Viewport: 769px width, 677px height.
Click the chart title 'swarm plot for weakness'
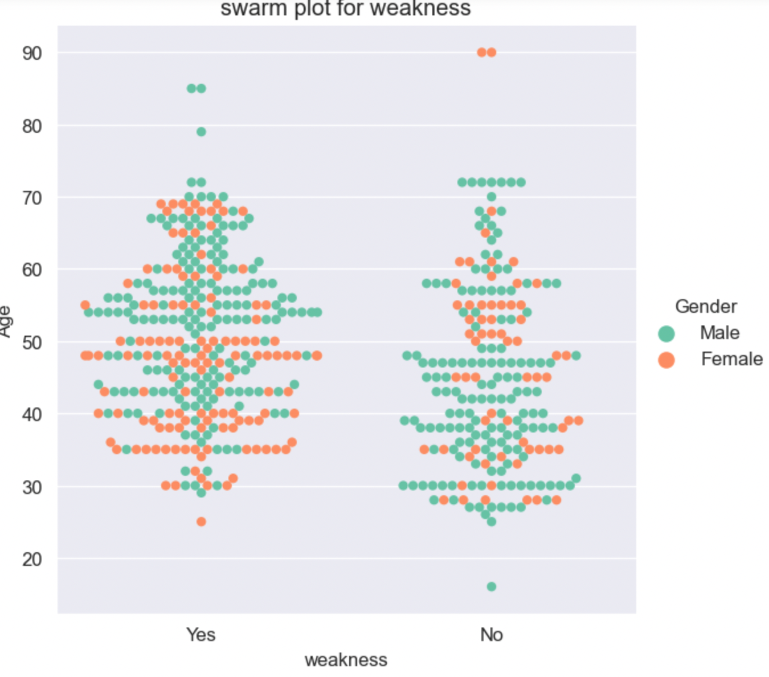[346, 9]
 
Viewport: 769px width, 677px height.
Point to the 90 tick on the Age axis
[32, 53]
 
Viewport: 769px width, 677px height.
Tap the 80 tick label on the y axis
[32, 126]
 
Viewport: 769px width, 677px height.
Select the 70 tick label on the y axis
[32, 198]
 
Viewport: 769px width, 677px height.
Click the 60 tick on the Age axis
[32, 270]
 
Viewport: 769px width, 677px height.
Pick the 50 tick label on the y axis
[32, 342]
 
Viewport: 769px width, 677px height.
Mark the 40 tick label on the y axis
[32, 414]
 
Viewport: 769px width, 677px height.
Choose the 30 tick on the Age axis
[32, 487]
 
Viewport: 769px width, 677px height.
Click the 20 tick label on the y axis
[32, 559]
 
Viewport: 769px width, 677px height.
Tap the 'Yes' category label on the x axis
[201, 634]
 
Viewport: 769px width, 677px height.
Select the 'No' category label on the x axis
[491, 634]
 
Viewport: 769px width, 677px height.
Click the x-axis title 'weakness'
[346, 659]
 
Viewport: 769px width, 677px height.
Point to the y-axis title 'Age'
[6, 321]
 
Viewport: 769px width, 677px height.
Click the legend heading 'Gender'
[706, 306]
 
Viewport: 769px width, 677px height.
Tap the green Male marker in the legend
[666, 333]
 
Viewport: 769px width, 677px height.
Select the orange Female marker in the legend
[666, 360]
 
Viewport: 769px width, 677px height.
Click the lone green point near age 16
[492, 586]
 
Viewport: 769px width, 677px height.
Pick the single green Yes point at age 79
[201, 132]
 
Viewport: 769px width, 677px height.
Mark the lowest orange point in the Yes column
[201, 521]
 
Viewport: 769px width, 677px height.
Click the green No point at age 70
[492, 197]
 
